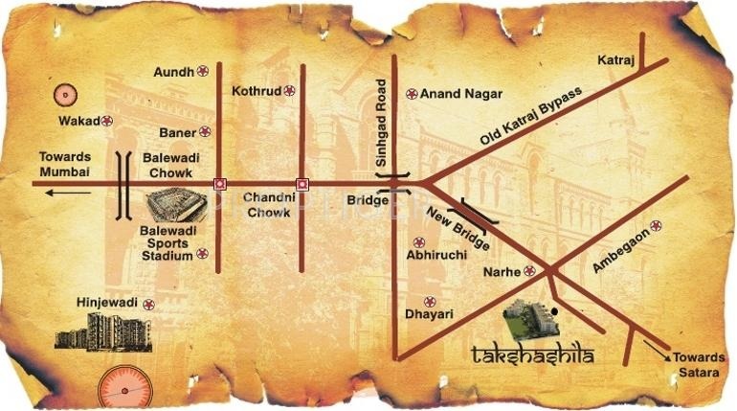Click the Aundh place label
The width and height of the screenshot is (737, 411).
pos(174,72)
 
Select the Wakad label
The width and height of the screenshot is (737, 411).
pos(78,122)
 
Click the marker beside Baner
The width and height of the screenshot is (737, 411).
pos(205,131)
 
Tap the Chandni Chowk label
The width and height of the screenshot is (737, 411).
pos(266,204)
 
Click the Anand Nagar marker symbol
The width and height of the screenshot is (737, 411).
pos(412,94)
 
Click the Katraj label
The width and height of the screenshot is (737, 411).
pos(615,60)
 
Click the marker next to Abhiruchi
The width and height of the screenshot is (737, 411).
pos(417,242)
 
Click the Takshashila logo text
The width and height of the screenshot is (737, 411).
pos(533,355)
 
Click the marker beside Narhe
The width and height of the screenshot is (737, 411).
pos(528,272)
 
